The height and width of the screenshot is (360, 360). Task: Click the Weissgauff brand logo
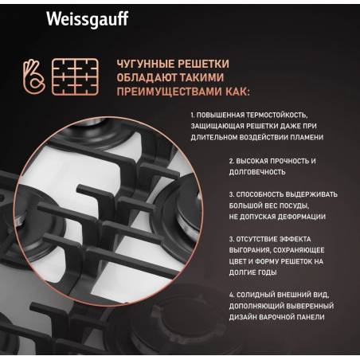click(x=88, y=19)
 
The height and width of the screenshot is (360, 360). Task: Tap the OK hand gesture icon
click(x=33, y=77)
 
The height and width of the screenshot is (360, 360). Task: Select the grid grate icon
click(x=75, y=77)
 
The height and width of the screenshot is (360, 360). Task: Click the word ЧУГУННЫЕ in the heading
click(x=146, y=64)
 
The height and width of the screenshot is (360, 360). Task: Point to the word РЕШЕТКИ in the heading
click(x=203, y=64)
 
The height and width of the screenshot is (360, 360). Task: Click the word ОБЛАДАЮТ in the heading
click(x=147, y=77)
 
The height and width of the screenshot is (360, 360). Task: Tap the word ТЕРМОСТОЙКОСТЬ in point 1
click(x=277, y=115)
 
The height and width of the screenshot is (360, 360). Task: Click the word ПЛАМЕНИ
click(x=307, y=137)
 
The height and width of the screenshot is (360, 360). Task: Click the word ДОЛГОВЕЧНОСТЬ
click(x=257, y=172)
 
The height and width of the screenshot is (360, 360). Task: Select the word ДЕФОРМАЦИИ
click(x=301, y=217)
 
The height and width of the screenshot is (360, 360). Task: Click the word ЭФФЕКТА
click(x=295, y=239)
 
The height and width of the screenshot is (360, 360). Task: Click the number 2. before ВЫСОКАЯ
click(x=232, y=161)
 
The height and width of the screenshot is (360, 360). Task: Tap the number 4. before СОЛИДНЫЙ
click(x=232, y=295)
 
